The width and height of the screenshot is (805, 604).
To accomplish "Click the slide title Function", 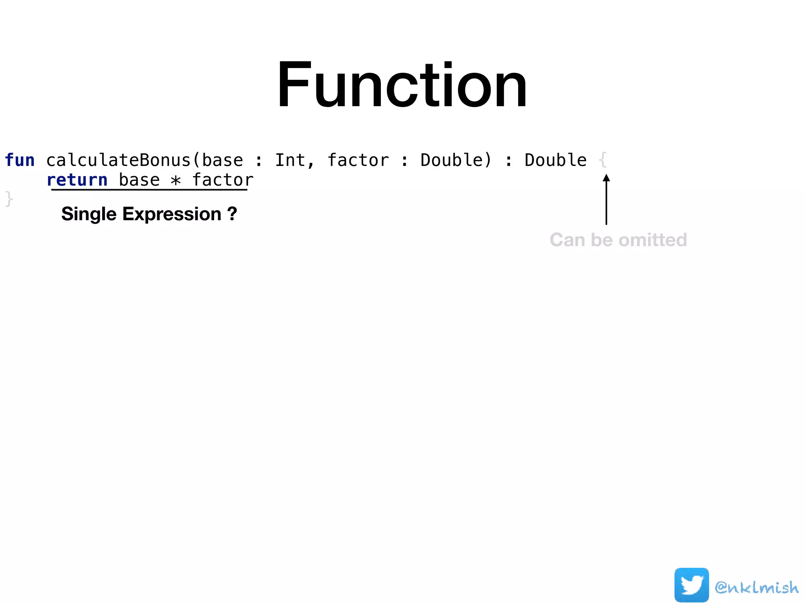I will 402,84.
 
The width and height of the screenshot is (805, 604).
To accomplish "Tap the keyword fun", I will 20,160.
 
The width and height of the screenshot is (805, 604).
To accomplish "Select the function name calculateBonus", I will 118,160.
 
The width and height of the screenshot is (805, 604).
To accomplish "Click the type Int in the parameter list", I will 290,160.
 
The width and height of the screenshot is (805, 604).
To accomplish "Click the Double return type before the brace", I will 555,160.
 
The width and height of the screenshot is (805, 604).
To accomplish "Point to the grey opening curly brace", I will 603,160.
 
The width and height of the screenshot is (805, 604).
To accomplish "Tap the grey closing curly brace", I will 9,199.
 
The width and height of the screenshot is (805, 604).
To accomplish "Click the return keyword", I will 77,180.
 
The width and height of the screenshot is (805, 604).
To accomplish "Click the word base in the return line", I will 139,180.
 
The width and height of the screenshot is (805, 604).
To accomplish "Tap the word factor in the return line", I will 222,180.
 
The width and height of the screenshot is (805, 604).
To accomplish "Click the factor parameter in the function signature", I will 358,160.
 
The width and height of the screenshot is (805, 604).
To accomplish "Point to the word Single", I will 89,214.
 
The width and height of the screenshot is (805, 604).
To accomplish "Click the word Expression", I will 172,214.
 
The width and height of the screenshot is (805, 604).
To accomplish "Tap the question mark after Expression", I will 232,214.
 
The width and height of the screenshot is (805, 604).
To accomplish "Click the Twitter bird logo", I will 691,585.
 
